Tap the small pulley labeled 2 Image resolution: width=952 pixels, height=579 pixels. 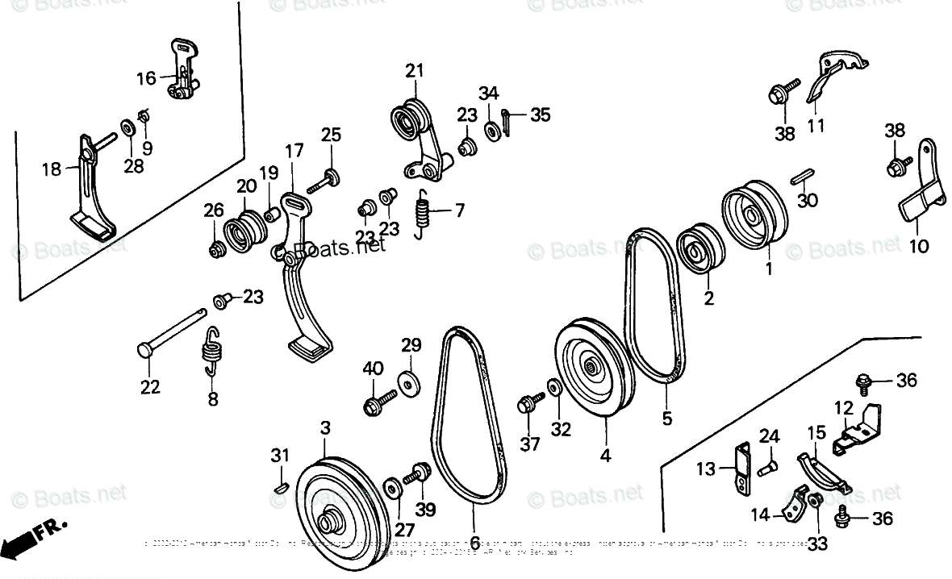coord(699,249)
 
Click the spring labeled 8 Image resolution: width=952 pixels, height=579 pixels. coord(212,352)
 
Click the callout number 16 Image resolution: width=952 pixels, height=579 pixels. coord(146,78)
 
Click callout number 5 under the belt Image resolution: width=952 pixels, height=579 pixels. coord(667,419)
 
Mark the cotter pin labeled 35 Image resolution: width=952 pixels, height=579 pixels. coord(507,119)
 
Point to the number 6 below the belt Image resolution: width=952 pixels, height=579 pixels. coord(475,543)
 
